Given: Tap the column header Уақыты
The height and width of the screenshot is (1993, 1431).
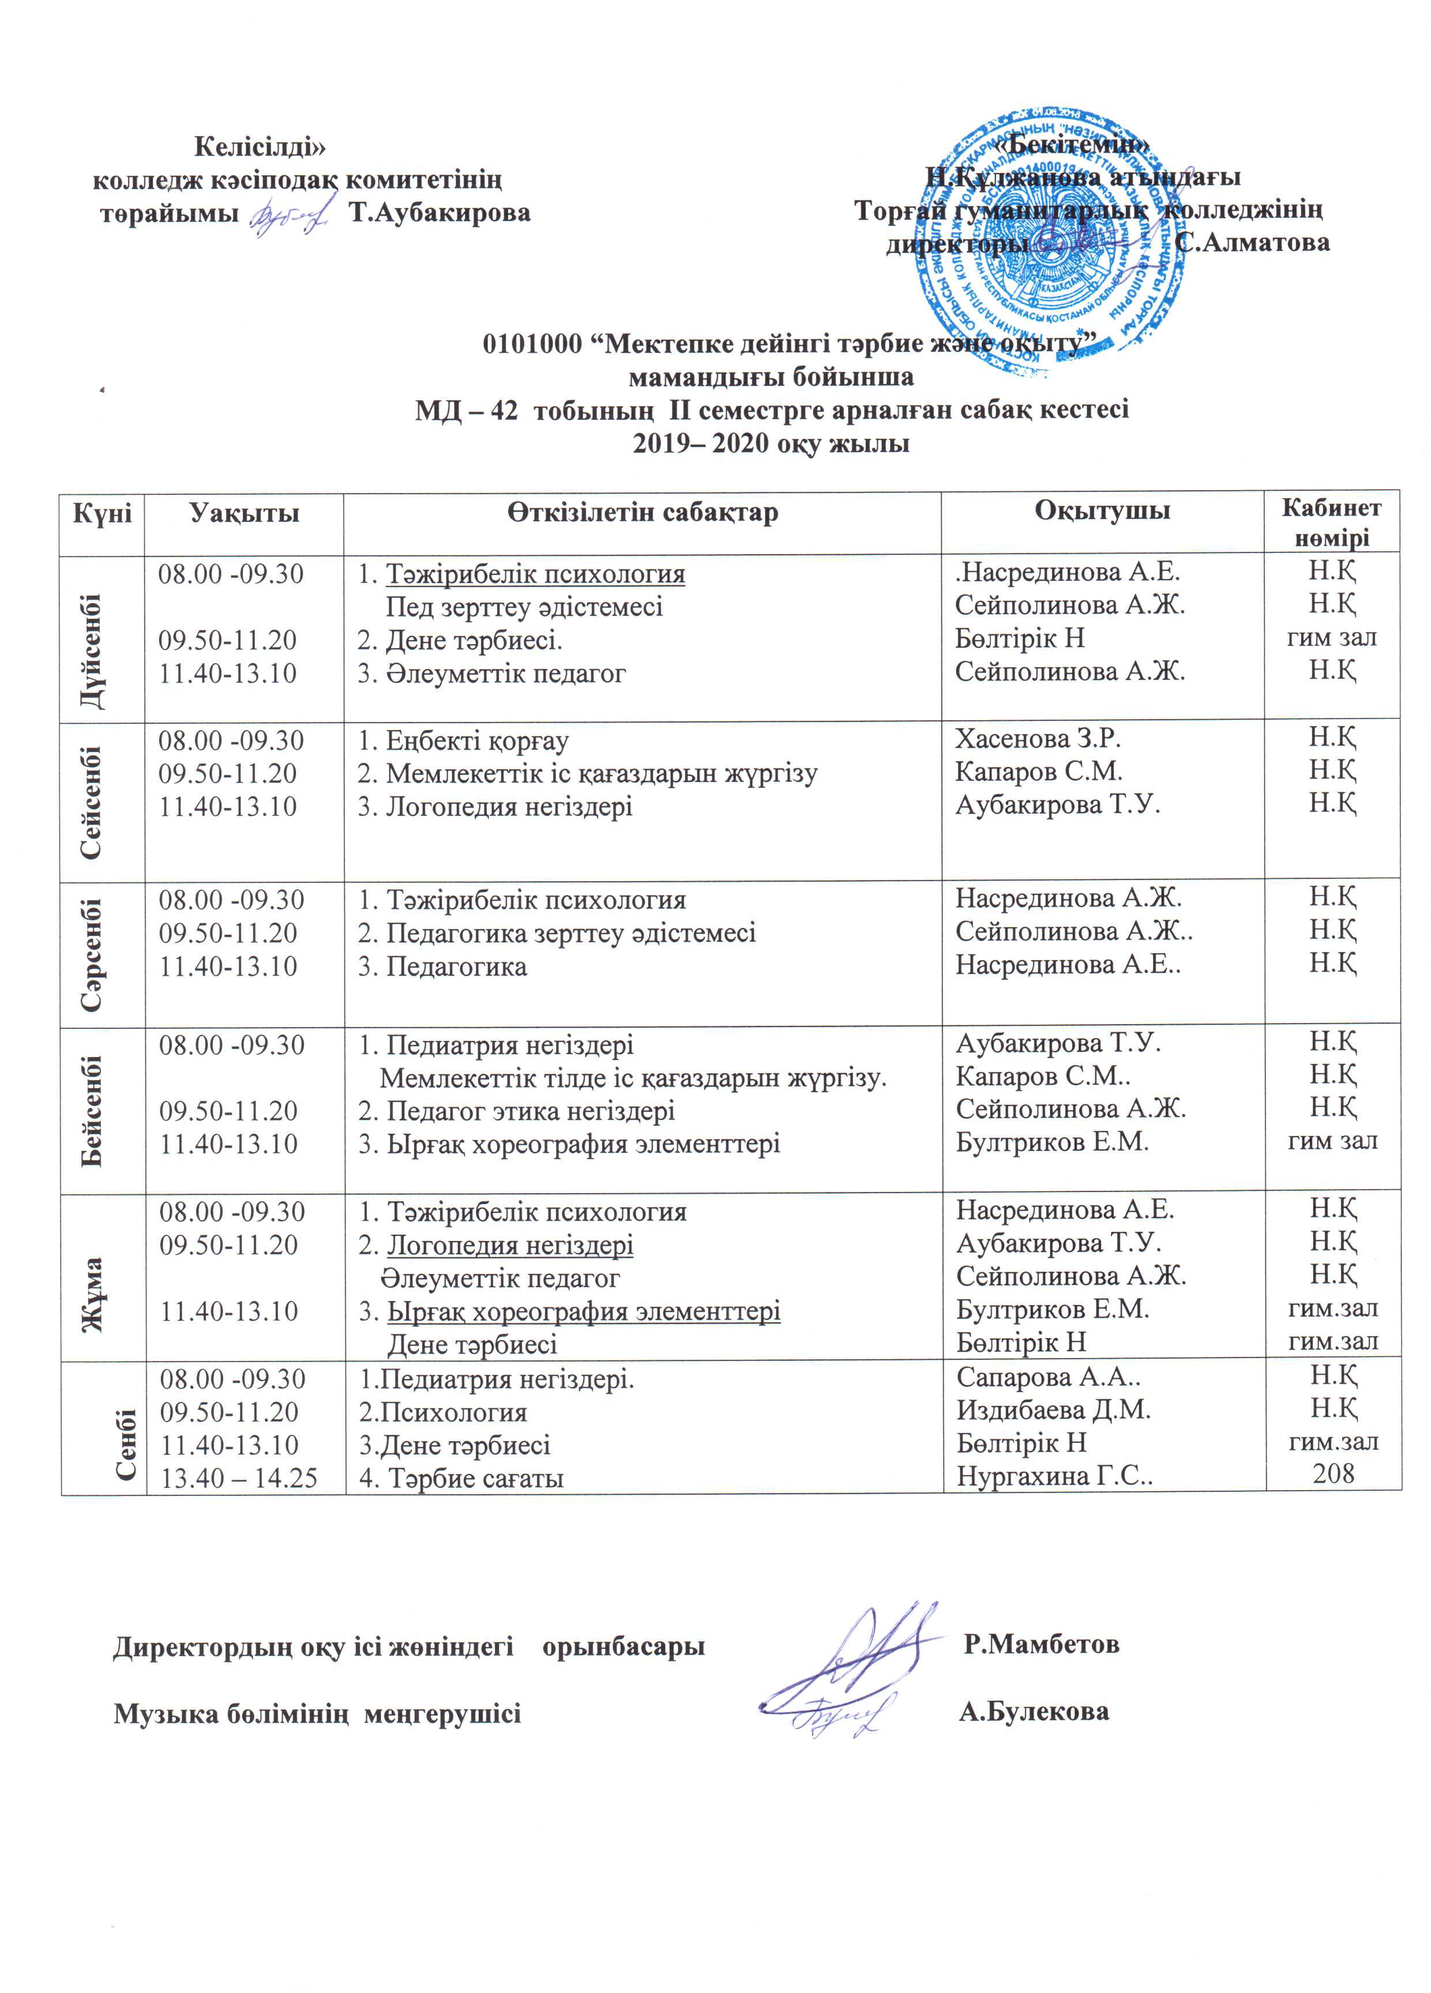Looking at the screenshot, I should click(245, 512).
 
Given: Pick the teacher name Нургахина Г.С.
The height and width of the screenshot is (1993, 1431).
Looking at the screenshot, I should click(1054, 1477).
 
